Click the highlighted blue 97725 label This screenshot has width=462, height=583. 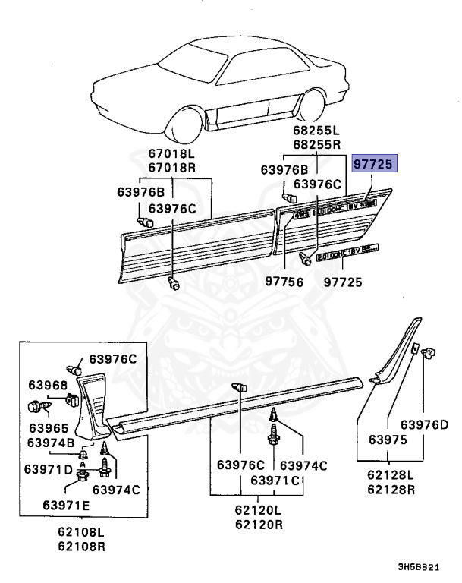tap(376, 165)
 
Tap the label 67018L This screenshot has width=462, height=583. tap(171, 155)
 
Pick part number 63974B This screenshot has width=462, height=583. tap(50, 443)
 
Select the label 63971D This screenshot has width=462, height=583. tap(51, 471)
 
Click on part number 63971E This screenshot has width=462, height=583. tap(65, 505)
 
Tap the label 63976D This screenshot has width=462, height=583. tap(425, 424)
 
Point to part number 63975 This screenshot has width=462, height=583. tap(388, 439)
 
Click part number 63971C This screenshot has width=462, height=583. tap(275, 481)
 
